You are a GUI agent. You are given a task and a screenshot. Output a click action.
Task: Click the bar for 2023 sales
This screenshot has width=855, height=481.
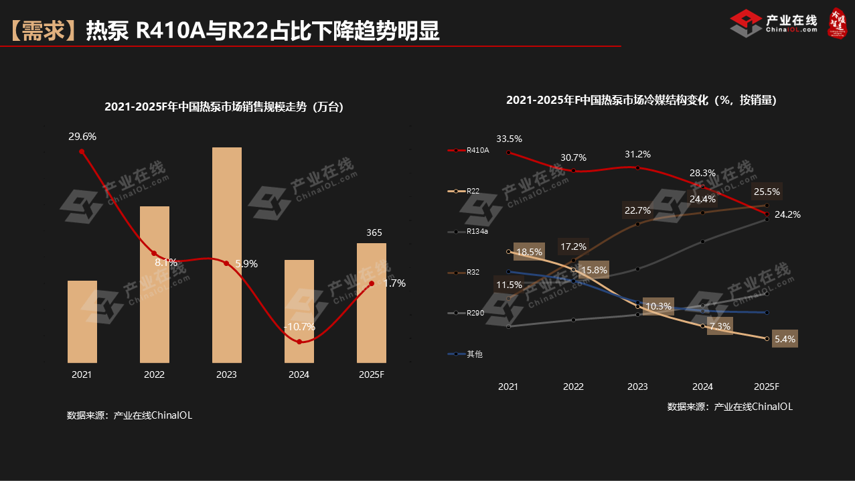point(226,255)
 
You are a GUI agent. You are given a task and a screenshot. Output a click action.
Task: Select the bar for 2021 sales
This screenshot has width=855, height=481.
point(82,322)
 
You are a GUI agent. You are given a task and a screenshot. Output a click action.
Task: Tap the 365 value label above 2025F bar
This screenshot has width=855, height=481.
point(374,233)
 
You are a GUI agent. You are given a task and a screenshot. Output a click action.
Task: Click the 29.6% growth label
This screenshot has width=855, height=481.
point(82,137)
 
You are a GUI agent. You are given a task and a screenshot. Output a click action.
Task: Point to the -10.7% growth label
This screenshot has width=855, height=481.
point(299,327)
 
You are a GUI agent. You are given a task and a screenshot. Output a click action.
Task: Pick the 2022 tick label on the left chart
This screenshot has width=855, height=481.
point(154,374)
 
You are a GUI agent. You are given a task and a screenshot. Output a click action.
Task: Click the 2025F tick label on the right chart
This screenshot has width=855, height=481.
point(767,387)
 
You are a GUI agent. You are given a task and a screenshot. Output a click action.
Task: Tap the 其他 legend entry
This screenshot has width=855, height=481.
point(474,354)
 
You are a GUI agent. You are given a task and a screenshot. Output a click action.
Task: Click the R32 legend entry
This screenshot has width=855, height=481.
point(473,273)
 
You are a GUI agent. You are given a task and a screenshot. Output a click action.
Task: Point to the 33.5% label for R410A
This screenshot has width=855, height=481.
point(509,139)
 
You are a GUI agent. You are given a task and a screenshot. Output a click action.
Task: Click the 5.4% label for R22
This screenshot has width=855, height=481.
point(785,339)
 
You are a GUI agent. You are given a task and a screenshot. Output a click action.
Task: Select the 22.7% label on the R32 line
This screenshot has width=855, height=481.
point(637,210)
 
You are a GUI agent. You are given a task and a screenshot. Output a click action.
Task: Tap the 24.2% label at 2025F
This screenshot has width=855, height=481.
point(787,215)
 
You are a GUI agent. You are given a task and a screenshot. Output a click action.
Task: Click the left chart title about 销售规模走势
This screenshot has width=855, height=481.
point(224,107)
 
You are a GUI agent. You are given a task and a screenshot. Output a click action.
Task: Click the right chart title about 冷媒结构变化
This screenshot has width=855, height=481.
point(641,100)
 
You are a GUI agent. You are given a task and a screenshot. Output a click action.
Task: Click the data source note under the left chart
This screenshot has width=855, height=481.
point(129,415)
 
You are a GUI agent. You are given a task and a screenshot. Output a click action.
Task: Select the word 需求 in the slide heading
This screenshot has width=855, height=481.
point(42,31)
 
